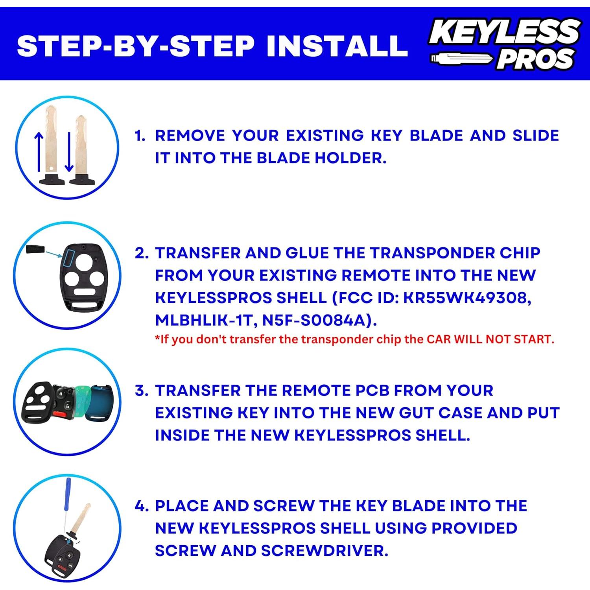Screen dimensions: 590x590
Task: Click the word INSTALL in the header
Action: (x=337, y=46)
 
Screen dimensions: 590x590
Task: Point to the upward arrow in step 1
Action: (x=39, y=151)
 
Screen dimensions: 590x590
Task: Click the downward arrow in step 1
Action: (x=69, y=151)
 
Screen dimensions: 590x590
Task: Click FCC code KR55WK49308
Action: (x=467, y=298)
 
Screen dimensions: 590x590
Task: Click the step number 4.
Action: (x=141, y=506)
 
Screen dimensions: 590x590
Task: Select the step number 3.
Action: (x=141, y=391)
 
